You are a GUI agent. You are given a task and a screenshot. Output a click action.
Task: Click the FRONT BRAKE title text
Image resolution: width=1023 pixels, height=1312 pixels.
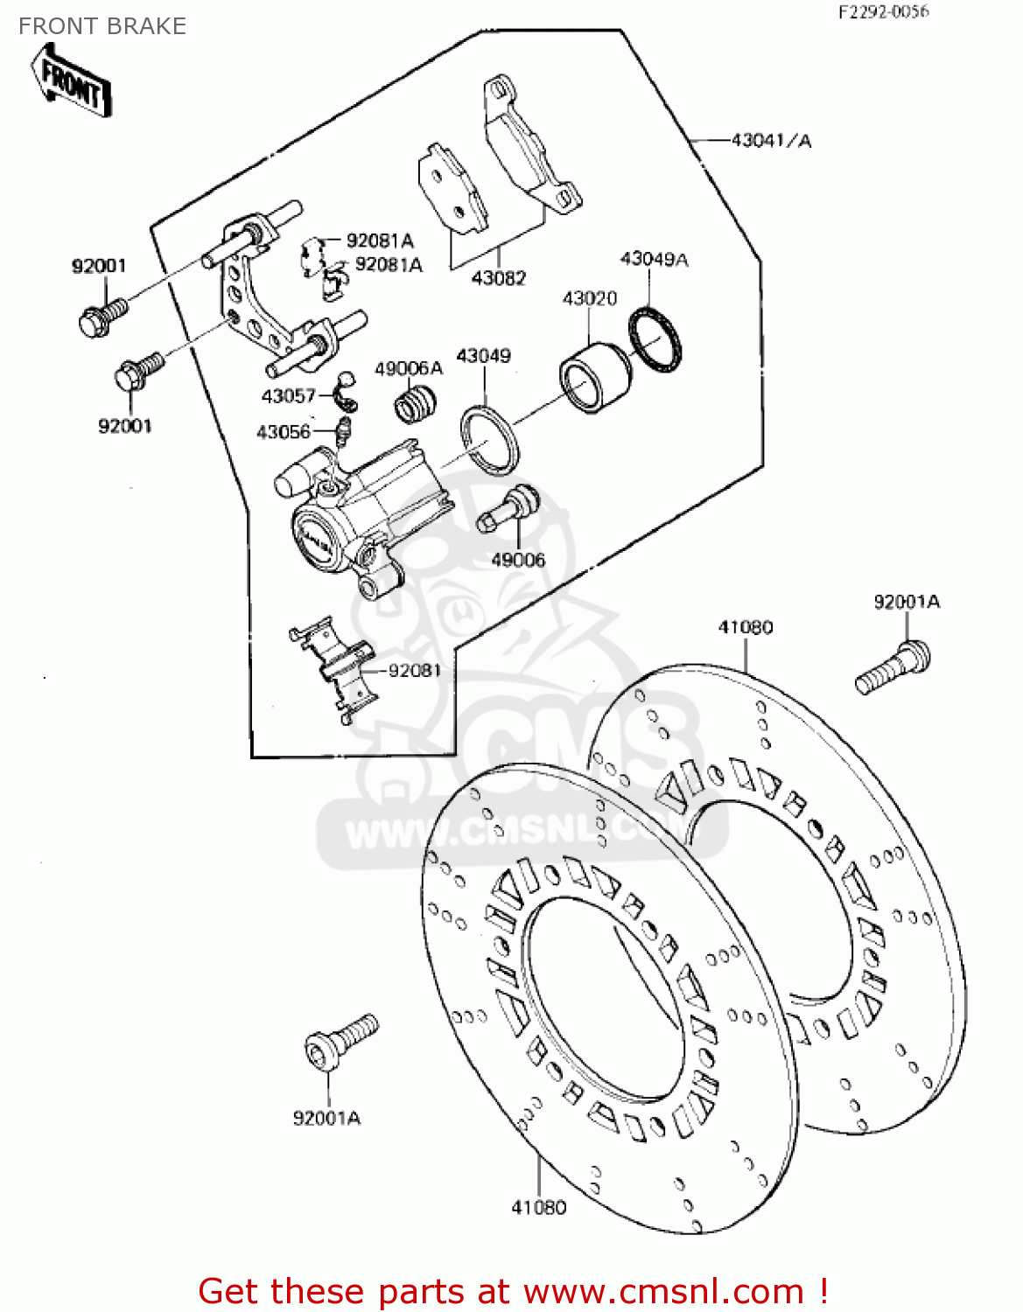point(102,26)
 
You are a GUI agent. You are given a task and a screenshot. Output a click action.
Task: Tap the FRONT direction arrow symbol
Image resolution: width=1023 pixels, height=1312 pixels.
point(72,83)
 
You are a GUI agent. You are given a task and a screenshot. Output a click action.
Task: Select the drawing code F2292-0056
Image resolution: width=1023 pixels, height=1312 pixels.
point(883,12)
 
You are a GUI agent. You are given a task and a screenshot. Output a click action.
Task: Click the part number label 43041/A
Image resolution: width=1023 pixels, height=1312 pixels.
point(771,140)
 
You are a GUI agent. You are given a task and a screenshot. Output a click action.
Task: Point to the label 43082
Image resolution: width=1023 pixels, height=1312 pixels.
point(498,278)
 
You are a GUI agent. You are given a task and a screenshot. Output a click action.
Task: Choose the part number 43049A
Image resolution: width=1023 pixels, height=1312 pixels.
point(654,259)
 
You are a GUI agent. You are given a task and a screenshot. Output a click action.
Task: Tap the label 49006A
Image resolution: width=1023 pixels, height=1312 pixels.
point(409,368)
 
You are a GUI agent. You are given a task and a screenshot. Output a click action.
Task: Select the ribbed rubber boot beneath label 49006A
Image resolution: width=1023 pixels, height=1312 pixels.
point(416,407)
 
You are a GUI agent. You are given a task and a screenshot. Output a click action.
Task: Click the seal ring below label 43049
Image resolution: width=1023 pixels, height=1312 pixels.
point(490,440)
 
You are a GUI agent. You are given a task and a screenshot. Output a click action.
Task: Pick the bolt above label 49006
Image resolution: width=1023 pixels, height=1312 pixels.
point(509,508)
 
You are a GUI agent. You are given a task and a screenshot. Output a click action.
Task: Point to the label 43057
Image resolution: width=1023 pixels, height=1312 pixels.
point(288,396)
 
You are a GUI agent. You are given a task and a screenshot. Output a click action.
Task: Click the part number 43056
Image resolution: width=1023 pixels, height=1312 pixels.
point(284,432)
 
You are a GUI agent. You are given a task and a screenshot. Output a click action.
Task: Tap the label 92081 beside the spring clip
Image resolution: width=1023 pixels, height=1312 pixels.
point(415,670)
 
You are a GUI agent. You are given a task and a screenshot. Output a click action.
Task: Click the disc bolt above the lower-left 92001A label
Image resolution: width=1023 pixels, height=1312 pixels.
point(340,1041)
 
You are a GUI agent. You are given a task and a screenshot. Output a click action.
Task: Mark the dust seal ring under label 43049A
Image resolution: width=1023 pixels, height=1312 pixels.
point(655,339)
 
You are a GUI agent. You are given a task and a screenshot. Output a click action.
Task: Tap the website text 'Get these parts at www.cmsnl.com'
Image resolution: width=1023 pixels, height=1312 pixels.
point(513,1291)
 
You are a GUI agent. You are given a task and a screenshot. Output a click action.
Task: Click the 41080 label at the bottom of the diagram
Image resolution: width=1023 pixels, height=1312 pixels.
point(538,1207)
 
